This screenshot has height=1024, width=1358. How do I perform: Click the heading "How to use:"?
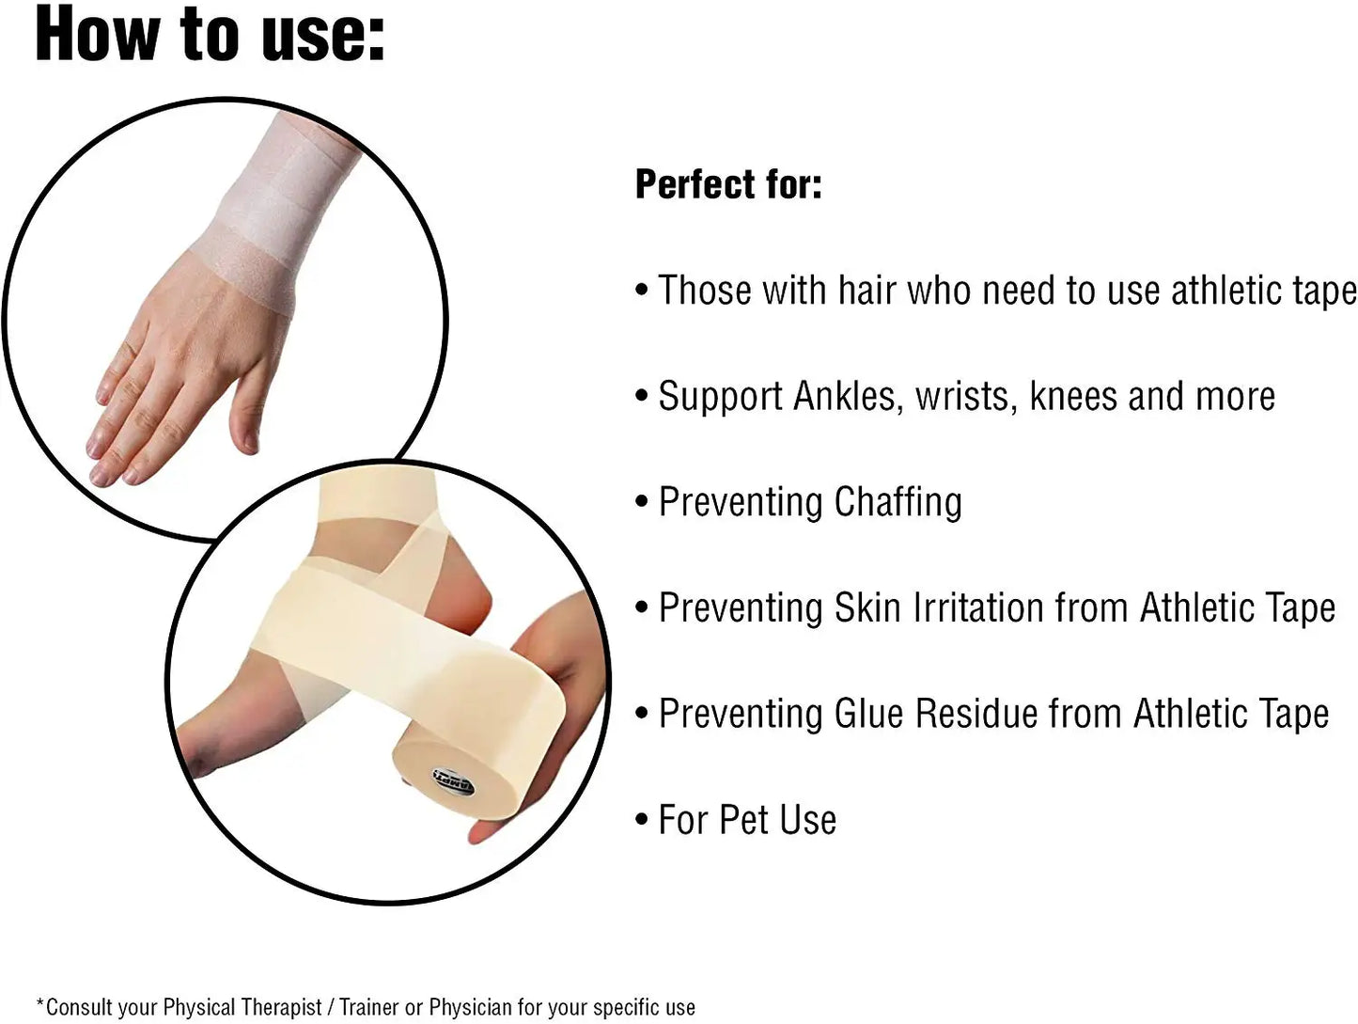click(x=210, y=34)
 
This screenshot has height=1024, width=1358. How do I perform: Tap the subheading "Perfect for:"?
click(x=728, y=184)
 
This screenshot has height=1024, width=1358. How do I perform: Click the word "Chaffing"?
click(x=898, y=502)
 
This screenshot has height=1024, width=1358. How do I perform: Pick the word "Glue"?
click(x=870, y=714)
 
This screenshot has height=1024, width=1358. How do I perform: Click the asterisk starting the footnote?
click(x=40, y=1004)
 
